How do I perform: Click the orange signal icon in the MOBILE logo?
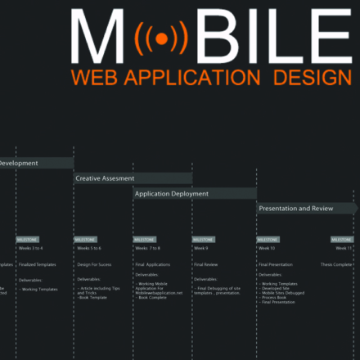[161, 38]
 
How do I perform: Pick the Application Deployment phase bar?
[195, 194]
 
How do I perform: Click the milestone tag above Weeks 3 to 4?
[27, 240]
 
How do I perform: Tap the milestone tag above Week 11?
[342, 240]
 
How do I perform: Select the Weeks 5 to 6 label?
[89, 248]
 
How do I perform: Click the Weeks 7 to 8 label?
[148, 248]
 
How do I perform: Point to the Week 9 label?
[201, 248]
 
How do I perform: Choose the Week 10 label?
[267, 248]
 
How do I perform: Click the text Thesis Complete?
[336, 264]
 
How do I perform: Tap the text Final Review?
[206, 264]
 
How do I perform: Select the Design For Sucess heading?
[94, 264]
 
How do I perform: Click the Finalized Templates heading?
[38, 264]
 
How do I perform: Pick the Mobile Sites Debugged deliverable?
[283, 293]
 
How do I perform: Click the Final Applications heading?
[152, 264]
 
